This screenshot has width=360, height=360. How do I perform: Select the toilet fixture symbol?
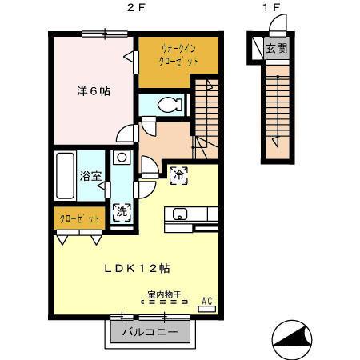tap(167, 103)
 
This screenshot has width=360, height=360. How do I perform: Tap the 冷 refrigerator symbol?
tap(178, 173)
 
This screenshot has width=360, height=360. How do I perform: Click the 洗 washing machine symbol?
tap(121, 213)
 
